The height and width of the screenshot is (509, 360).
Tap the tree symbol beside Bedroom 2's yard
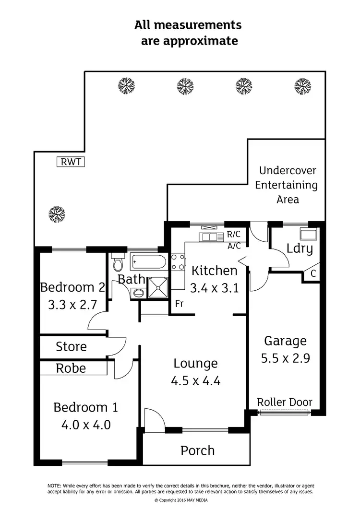[x=56, y=213]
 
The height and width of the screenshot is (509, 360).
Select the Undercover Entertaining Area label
[x=286, y=185]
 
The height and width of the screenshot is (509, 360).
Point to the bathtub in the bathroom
[x=148, y=262]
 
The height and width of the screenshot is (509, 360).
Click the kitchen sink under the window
[x=211, y=236]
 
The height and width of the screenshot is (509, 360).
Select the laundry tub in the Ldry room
[x=307, y=234]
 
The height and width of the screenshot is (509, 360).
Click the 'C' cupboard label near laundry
[x=313, y=274]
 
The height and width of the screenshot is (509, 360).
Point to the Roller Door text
[x=285, y=402]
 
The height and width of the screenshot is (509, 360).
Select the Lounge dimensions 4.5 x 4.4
[x=195, y=381]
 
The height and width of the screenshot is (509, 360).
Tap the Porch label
[x=197, y=450]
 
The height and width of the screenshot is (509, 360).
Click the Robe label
[x=71, y=368]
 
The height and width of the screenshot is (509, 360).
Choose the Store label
[x=71, y=346]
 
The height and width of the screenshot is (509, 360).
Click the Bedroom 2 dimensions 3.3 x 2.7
[x=72, y=305]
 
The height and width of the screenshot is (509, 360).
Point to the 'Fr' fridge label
[x=179, y=304]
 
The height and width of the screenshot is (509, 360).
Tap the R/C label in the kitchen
[x=234, y=235]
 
